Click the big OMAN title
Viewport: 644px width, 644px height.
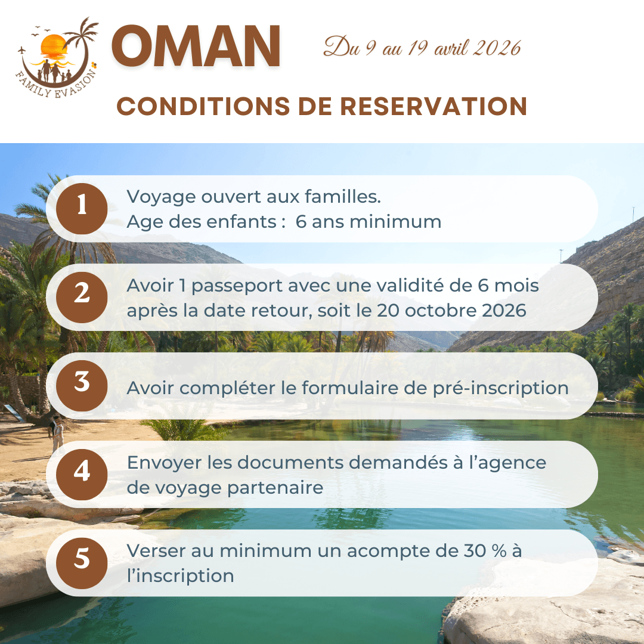point(196,45)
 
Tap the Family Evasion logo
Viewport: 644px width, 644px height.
point(57,57)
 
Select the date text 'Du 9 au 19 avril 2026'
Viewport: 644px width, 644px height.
point(422,47)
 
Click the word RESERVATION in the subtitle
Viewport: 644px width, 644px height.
point(434,106)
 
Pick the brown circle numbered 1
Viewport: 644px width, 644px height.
point(82,209)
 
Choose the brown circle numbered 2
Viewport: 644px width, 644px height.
point(82,298)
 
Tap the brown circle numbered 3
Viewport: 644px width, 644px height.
point(82,386)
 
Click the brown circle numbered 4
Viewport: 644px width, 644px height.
point(82,475)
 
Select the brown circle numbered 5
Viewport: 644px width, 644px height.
point(82,563)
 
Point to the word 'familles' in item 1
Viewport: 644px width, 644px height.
point(342,196)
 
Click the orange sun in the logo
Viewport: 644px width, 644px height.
point(54,46)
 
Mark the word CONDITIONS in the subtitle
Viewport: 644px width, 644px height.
point(203,106)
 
